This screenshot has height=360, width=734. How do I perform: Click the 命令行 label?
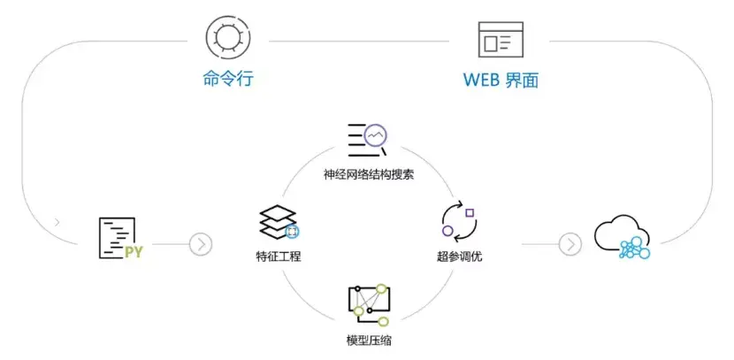click(x=228, y=78)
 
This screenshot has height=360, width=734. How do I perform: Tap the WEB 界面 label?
click(x=501, y=80)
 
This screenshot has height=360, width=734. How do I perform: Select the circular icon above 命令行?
click(x=228, y=36)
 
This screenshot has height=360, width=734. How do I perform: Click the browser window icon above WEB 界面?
click(x=501, y=39)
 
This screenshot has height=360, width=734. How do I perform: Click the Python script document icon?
click(x=120, y=238)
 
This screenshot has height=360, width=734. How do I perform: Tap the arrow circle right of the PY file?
click(x=201, y=244)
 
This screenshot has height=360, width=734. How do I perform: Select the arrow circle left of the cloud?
click(x=570, y=244)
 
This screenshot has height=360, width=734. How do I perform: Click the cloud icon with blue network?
click(x=623, y=237)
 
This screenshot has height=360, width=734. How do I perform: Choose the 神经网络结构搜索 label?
click(x=369, y=175)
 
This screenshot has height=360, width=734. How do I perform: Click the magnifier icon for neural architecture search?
click(x=368, y=140)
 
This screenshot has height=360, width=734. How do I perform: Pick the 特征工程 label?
click(x=279, y=257)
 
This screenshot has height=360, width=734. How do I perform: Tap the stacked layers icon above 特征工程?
click(x=279, y=222)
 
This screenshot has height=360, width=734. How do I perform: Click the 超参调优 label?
click(x=459, y=257)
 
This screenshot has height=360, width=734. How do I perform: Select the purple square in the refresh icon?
click(x=470, y=212)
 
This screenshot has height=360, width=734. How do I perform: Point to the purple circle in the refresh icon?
click(x=447, y=231)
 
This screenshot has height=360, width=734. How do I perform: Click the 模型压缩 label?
click(x=369, y=341)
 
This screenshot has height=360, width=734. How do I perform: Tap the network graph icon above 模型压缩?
click(x=369, y=305)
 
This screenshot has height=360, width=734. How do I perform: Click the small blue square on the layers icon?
click(x=292, y=231)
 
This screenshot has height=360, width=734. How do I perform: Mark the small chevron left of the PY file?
click(x=57, y=222)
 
